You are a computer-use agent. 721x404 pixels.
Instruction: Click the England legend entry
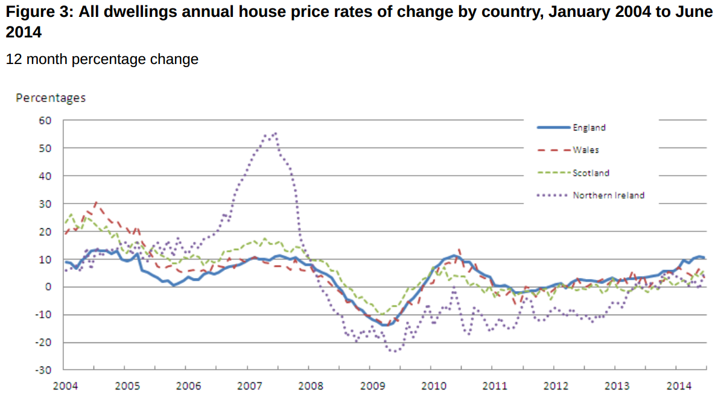coord(589,127)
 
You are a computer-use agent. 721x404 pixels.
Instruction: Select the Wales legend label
coord(586,150)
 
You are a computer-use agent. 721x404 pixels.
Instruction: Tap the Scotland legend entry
coord(591,173)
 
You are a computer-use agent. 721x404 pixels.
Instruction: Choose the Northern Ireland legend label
coord(608,195)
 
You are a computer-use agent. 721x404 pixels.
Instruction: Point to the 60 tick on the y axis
coord(46,120)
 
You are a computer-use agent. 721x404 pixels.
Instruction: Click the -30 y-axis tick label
coord(44,370)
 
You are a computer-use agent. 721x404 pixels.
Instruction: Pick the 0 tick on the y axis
coord(49,287)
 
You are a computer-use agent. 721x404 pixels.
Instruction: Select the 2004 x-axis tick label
coord(65,385)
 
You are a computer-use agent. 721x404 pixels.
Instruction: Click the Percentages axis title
coord(51,98)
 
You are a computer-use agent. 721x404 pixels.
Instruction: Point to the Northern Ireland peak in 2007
coord(275,133)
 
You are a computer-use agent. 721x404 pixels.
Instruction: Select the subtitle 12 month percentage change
coord(102,59)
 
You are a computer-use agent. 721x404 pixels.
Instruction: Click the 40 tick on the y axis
coord(46,176)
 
